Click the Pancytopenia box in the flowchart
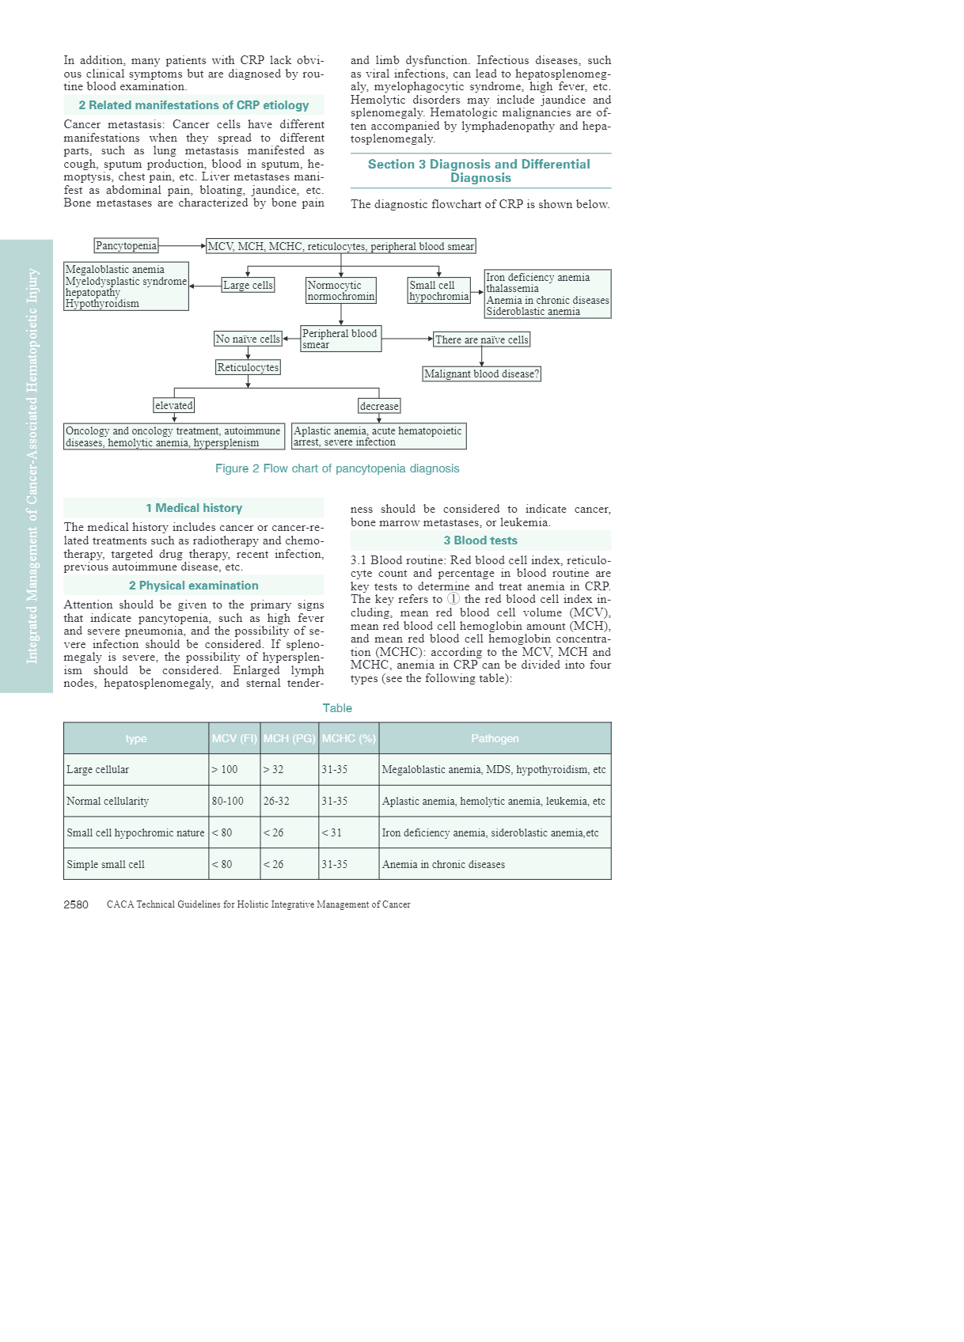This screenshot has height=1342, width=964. click(x=126, y=246)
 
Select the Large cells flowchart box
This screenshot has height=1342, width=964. click(x=248, y=285)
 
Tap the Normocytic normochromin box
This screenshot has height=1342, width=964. click(x=341, y=290)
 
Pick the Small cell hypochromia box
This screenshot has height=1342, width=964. click(x=439, y=290)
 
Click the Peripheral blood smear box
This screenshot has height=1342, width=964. click(x=340, y=339)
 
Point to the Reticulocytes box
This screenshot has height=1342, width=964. click(x=248, y=368)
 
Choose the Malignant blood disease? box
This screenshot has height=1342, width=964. click(x=481, y=374)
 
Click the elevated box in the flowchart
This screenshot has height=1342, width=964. click(x=174, y=406)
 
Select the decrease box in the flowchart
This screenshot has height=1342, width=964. click(x=379, y=406)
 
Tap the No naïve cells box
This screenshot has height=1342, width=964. click(x=248, y=339)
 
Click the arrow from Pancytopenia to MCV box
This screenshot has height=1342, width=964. click(x=182, y=246)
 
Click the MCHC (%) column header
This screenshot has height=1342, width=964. click(x=348, y=738)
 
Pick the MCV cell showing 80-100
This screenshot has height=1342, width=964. click(x=228, y=801)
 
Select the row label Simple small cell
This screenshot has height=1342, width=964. click(x=106, y=864)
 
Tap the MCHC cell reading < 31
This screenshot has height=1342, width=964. click(x=332, y=832)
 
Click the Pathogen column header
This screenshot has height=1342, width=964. click(x=495, y=738)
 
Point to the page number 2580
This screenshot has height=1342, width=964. click(x=76, y=904)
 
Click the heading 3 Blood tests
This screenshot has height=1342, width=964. click(x=480, y=540)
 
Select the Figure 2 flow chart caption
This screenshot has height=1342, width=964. click(x=337, y=468)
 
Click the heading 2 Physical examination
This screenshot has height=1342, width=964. click(x=194, y=586)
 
